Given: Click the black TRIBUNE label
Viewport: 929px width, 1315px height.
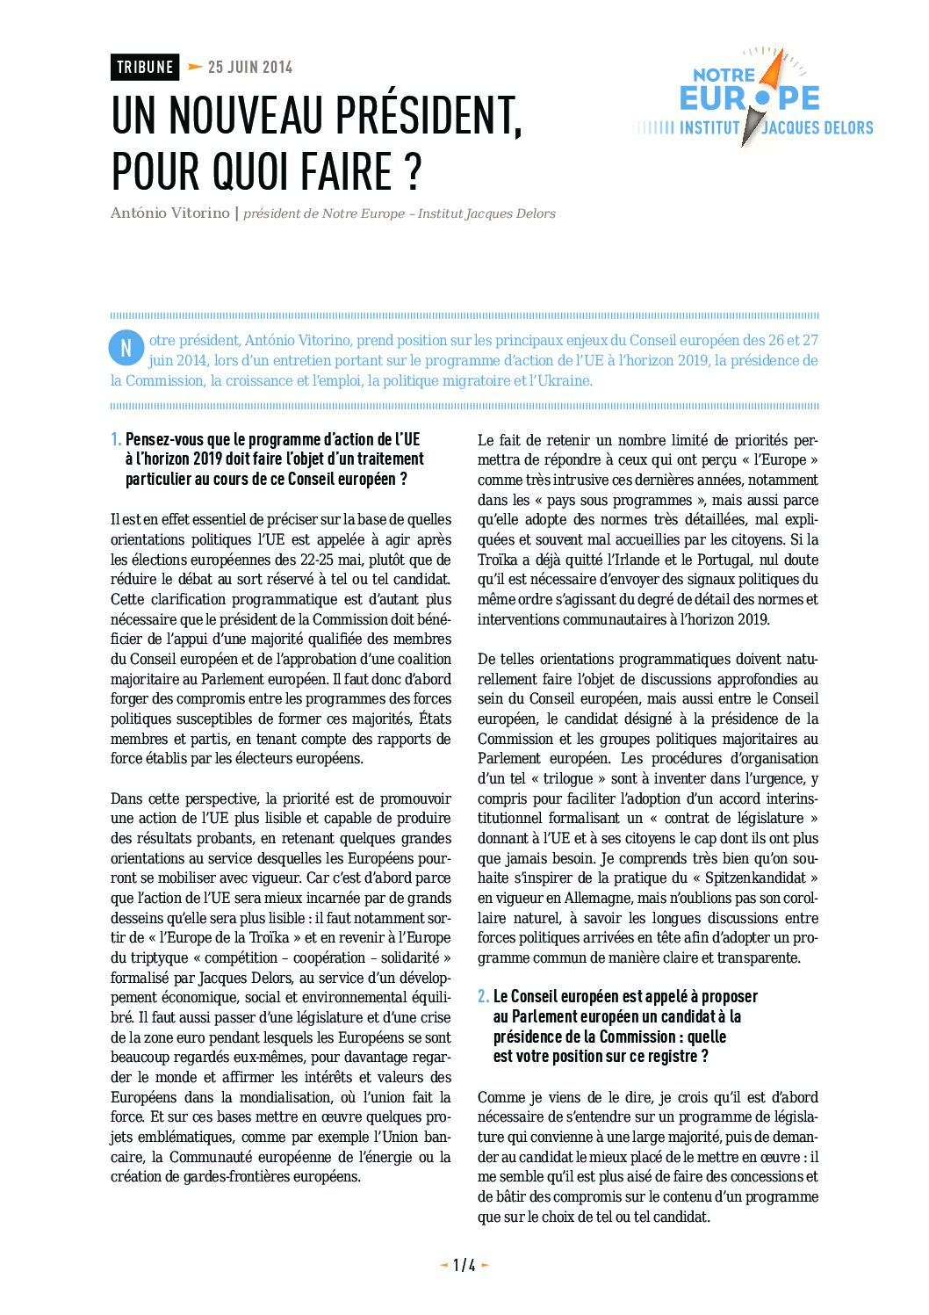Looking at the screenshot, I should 145,68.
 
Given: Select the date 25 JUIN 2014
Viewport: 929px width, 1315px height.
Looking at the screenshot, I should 250,68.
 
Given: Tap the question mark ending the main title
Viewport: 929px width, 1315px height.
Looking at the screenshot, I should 414,171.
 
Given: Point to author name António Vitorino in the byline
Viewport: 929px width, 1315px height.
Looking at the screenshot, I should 169,213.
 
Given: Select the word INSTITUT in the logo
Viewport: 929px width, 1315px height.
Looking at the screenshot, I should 709,128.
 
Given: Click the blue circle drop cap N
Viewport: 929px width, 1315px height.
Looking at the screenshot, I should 126,348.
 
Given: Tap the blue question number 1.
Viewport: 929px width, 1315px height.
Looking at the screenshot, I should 116,439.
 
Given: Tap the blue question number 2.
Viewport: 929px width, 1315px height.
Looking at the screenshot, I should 483,996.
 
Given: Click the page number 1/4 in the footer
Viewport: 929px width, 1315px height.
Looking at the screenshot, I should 464,1265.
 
